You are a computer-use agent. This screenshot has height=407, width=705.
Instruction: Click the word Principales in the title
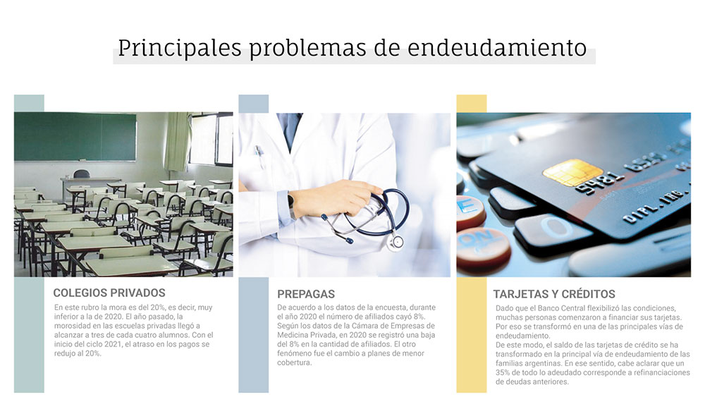[x=180, y=49]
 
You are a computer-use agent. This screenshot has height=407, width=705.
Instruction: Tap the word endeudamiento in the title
[x=497, y=48]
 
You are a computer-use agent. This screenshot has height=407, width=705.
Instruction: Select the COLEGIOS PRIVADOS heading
[x=109, y=293]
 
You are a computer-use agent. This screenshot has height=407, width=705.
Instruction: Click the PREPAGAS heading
[x=306, y=294]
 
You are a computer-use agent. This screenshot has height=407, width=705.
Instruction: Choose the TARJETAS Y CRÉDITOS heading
[x=554, y=294]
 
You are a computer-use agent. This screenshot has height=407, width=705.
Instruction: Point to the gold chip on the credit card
[x=572, y=172]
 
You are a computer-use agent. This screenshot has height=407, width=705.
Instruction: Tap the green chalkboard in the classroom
[x=75, y=136]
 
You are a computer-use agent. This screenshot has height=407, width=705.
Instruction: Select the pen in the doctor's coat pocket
[x=259, y=156]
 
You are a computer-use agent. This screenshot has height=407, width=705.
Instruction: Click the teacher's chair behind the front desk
[x=81, y=174]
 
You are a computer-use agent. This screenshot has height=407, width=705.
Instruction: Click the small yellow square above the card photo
[x=471, y=104]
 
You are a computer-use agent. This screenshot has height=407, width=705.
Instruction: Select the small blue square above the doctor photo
[x=254, y=104]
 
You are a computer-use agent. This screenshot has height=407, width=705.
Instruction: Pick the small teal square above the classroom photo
[x=29, y=103]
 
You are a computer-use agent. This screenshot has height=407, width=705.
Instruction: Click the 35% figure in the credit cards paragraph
[x=503, y=372]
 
